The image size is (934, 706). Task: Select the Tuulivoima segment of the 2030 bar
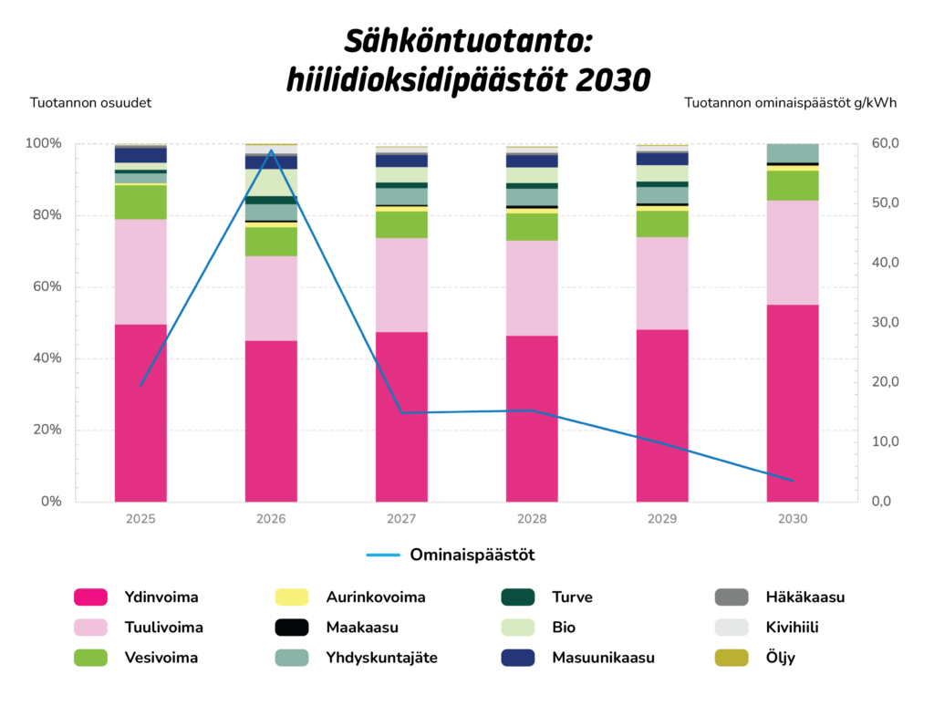point(793,253)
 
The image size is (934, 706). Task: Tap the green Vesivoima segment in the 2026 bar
point(271,241)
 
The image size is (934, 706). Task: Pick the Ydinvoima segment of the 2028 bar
point(532,418)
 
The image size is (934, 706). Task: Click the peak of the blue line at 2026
point(271,151)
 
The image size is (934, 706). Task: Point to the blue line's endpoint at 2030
point(793,481)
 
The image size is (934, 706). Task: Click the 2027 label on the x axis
point(401,518)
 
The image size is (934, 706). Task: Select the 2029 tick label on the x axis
point(662,518)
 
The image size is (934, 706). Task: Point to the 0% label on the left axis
point(50,502)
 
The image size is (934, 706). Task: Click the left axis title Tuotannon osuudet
point(90,102)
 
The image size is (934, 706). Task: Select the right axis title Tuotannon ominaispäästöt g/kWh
point(790,102)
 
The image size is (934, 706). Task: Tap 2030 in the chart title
point(615,80)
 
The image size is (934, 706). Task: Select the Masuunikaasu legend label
point(603,657)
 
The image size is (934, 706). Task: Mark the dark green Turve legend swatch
point(518,597)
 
